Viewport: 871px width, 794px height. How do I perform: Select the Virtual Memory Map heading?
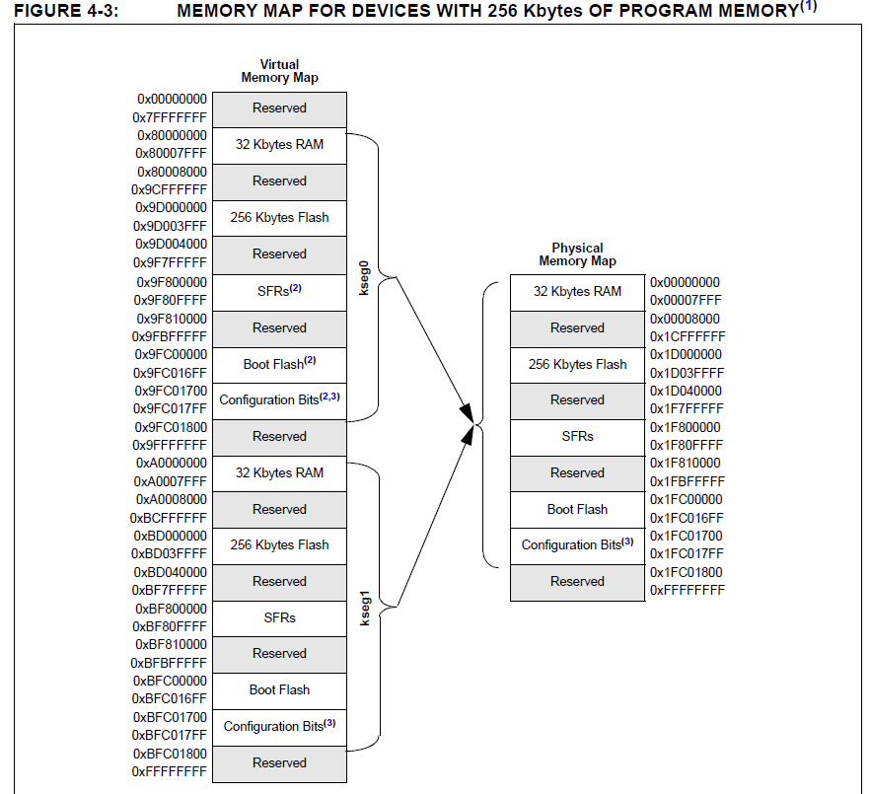[279, 71]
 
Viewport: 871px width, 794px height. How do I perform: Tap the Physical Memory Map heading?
[577, 254]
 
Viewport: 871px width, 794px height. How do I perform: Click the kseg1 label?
[364, 607]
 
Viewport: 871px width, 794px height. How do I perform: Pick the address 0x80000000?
[172, 135]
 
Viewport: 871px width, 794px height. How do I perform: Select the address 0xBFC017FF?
[171, 735]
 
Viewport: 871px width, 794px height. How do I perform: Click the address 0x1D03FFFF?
[686, 373]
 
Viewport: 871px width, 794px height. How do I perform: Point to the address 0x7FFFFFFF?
[171, 117]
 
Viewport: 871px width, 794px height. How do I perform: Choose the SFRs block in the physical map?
[577, 436]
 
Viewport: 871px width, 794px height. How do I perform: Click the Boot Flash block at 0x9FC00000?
[279, 364]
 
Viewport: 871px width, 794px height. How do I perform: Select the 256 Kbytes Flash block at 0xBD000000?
[279, 544]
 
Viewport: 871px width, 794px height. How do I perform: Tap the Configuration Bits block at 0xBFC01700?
[279, 726]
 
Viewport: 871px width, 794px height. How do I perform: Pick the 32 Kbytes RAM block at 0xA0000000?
[279, 472]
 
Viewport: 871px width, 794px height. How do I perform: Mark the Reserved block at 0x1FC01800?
[577, 581]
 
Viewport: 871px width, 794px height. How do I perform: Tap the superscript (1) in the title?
[809, 6]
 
